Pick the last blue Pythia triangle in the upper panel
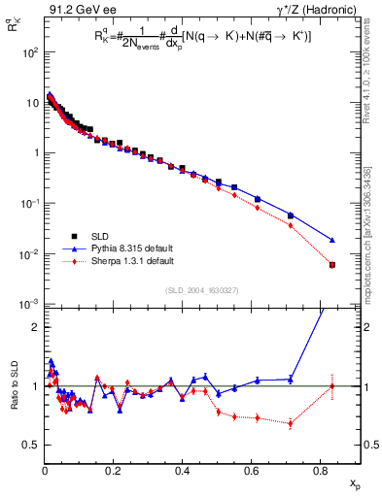coord(332,240)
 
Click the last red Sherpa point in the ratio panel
coord(332,386)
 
